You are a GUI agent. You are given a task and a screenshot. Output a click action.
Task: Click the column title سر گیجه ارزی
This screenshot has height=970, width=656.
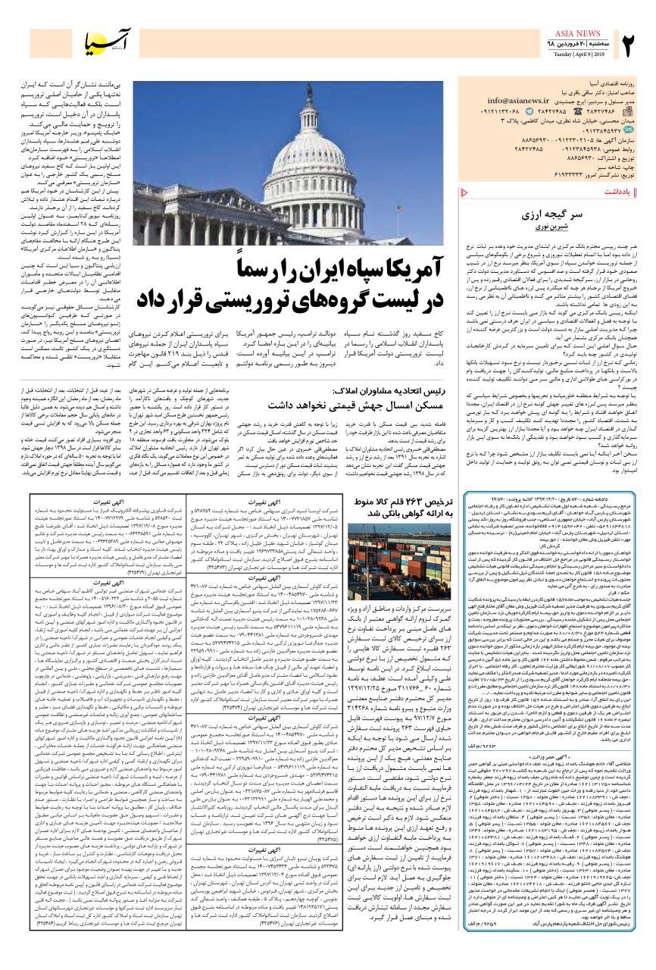pyautogui.click(x=553, y=214)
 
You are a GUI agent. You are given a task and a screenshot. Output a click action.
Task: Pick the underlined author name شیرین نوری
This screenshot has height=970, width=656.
pyautogui.click(x=553, y=227)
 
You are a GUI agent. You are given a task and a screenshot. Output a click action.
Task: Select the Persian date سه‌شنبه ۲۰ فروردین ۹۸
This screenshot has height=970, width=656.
pyautogui.click(x=581, y=45)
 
